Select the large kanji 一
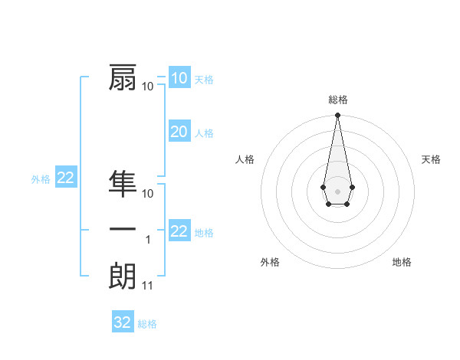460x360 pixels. [x=123, y=230]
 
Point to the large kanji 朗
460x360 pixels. [x=123, y=276]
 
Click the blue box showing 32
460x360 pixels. [x=123, y=322]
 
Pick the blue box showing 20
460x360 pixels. [x=179, y=132]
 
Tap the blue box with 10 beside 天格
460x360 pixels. [x=179, y=78]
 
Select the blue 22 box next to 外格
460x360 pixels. [x=66, y=178]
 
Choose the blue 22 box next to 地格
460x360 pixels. [x=179, y=231]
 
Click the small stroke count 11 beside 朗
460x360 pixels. [x=148, y=286]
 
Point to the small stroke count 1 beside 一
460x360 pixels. [x=148, y=240]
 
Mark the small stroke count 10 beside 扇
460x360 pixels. [x=148, y=86]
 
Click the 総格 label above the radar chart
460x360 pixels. [x=337, y=100]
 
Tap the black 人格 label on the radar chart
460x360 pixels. [x=245, y=159]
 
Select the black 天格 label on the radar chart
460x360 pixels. [x=432, y=159]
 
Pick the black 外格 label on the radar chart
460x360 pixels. [x=270, y=262]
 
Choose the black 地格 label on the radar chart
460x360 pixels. [x=402, y=262]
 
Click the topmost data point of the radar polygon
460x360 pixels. [x=337, y=115]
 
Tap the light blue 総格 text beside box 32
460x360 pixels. [x=147, y=324]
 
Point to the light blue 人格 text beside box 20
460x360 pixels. [x=204, y=133]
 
